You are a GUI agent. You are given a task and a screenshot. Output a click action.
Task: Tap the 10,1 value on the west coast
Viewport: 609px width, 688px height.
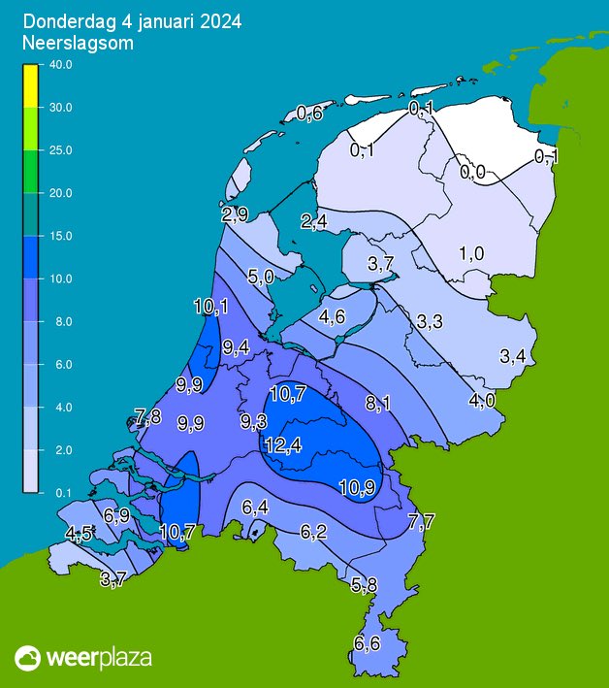tap(210, 308)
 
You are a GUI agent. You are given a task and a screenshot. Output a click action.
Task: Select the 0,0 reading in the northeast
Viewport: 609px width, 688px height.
tap(472, 173)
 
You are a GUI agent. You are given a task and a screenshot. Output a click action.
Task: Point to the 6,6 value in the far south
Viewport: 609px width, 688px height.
tap(367, 642)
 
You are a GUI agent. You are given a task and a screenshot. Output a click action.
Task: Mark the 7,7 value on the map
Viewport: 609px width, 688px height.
tap(421, 522)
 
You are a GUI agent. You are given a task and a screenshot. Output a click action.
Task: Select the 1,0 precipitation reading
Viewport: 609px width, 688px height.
tap(471, 254)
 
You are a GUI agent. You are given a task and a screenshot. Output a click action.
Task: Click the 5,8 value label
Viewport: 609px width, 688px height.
tap(365, 584)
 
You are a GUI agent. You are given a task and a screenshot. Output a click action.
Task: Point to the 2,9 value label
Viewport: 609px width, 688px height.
tap(235, 213)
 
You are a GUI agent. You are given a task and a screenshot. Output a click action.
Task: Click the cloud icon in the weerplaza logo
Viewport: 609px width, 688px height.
tap(28, 659)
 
